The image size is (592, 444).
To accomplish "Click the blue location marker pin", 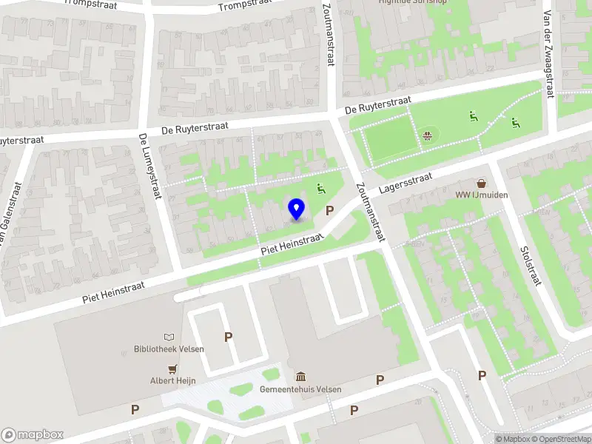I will point(297,209).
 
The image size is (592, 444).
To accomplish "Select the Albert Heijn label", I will point(173,380).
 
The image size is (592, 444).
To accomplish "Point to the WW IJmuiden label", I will point(482,195).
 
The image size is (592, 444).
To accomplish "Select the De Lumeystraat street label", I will point(149,166).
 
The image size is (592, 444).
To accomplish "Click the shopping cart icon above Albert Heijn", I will point(173,369).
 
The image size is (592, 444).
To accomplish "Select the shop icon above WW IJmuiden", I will point(482,183).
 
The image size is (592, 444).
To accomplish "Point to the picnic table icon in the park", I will point(428,135).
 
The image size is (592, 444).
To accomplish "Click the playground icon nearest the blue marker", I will point(321,189).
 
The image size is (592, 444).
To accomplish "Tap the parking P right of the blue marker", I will point(329,210).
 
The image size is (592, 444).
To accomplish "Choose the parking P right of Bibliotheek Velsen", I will point(229,337).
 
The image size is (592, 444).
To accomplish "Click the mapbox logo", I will point(33,435).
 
